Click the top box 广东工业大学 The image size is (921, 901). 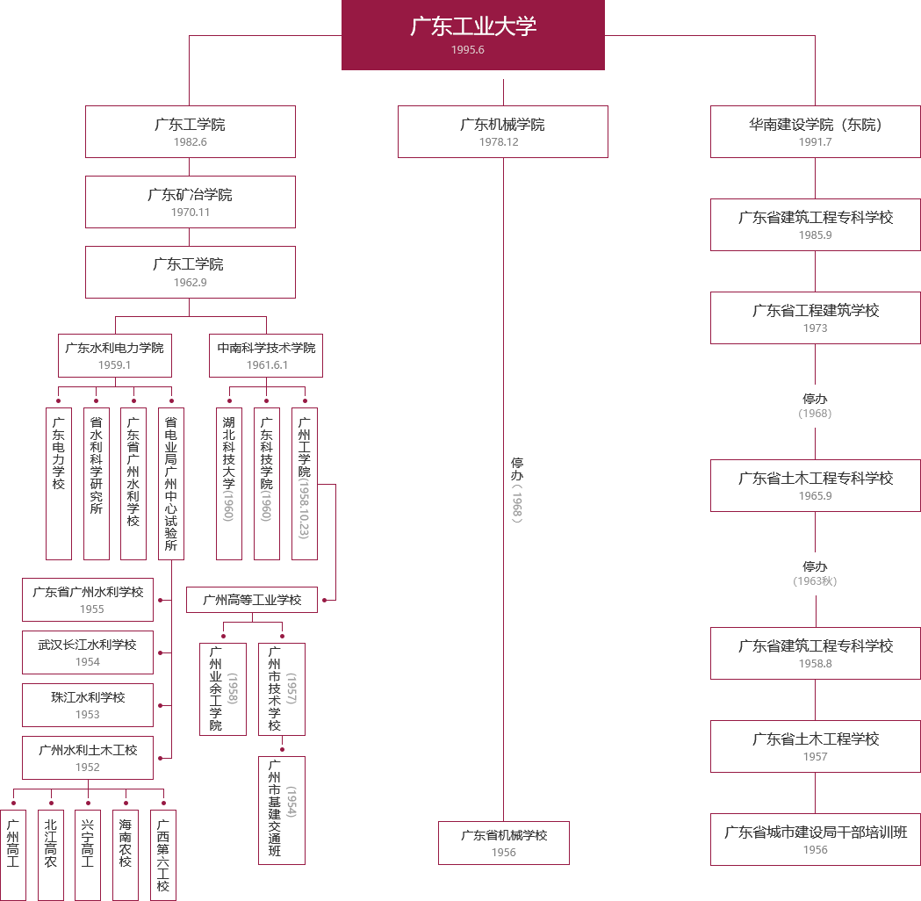(472, 35)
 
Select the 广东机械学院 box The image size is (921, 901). (502, 131)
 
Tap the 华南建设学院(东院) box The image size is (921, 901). (815, 131)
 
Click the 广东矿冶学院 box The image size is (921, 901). (190, 201)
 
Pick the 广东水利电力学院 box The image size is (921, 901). (114, 355)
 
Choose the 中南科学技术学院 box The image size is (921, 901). (265, 355)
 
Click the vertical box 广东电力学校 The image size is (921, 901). (58, 482)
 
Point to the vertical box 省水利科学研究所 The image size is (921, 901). (97, 482)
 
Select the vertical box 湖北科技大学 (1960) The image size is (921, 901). (228, 482)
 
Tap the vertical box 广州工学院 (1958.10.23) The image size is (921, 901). (304, 482)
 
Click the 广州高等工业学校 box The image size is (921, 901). (251, 600)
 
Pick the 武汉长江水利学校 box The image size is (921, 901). (87, 652)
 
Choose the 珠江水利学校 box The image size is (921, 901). (87, 703)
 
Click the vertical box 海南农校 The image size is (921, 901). (125, 854)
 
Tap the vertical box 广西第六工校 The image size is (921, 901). (162, 854)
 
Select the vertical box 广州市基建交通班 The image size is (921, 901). (281, 810)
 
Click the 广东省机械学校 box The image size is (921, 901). (503, 842)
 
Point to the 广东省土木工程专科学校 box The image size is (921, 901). (815, 485)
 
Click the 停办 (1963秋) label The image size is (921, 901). (815, 573)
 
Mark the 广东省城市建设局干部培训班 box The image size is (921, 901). (815, 839)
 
